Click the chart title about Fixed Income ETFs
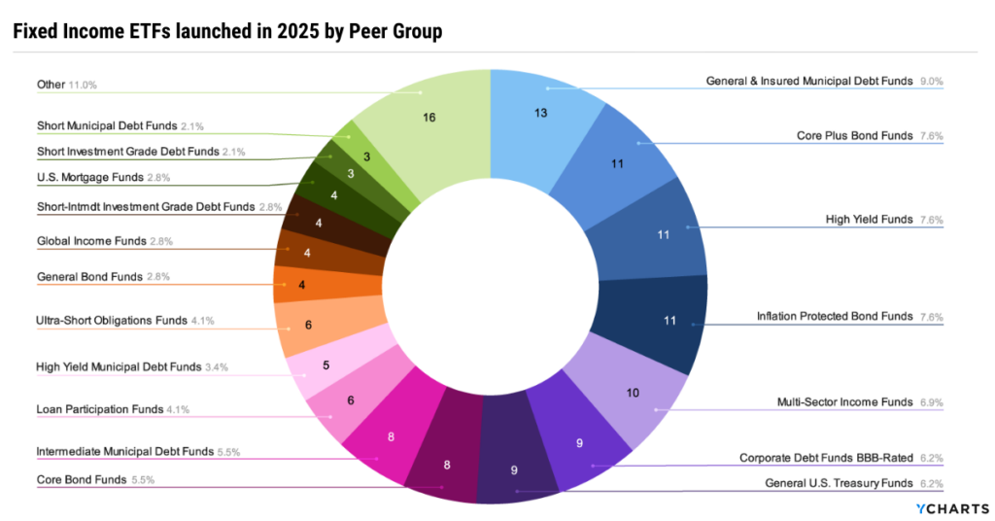pos(227,31)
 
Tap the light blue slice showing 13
pos(540,113)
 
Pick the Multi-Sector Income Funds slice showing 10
pos(634,394)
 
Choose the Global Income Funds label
pos(91,240)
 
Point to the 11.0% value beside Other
pos(83,85)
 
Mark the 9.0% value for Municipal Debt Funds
pos(932,82)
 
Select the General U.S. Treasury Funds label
pos(839,483)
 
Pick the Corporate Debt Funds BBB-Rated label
pos(827,457)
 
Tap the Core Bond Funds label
pos(81,479)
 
